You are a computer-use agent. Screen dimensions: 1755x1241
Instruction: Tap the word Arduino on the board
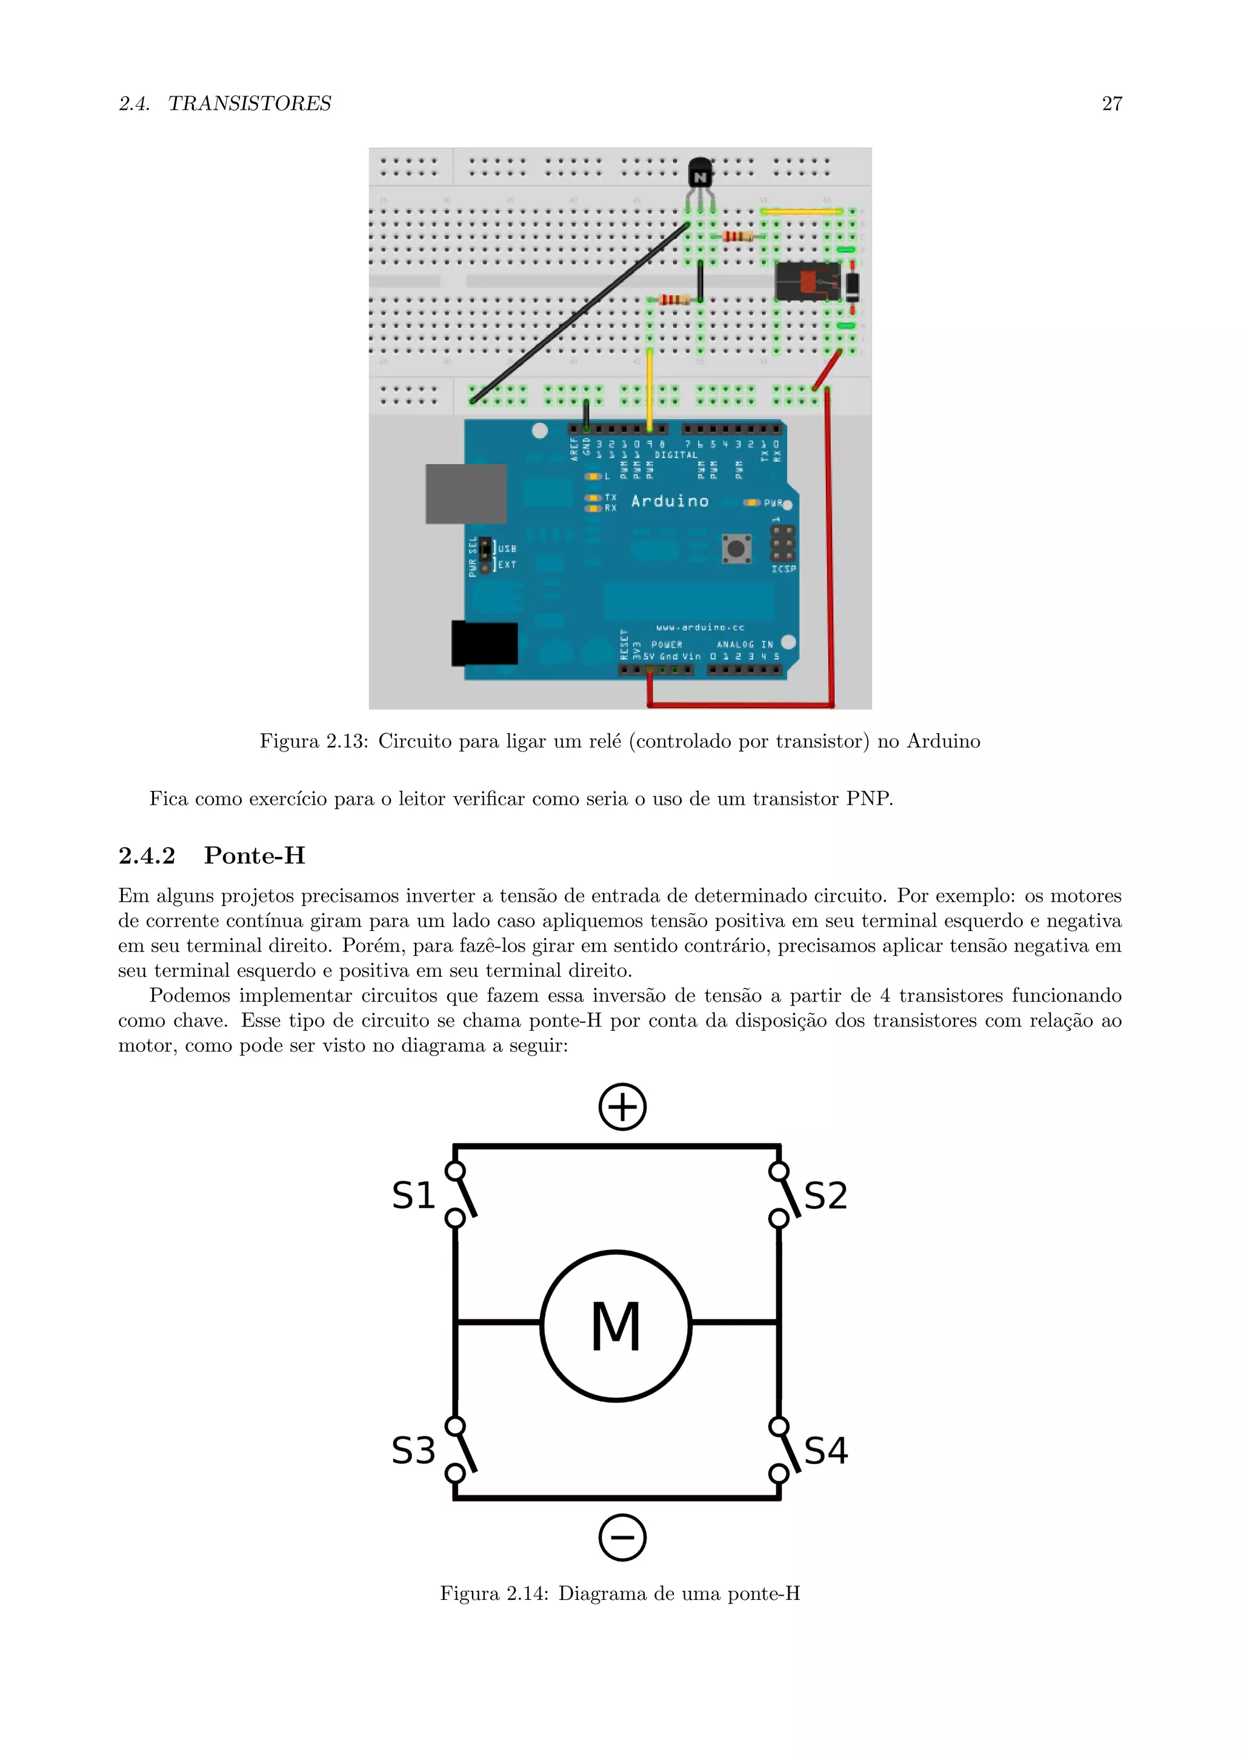670,501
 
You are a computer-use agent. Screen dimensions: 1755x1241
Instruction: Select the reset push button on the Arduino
736,548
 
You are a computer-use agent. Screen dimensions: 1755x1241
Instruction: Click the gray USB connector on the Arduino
465,494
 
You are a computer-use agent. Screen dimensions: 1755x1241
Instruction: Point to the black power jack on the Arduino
485,643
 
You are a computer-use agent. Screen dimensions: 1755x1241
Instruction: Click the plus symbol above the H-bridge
622,1106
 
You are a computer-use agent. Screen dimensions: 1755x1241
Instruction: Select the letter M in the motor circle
616,1327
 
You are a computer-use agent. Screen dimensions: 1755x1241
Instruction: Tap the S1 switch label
413,1196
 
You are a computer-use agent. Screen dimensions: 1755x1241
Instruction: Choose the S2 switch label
825,1196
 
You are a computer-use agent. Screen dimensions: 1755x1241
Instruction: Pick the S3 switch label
413,1450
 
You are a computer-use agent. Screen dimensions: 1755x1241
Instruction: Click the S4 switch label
825,1450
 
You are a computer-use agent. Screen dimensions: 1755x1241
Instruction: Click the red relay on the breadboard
807,281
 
